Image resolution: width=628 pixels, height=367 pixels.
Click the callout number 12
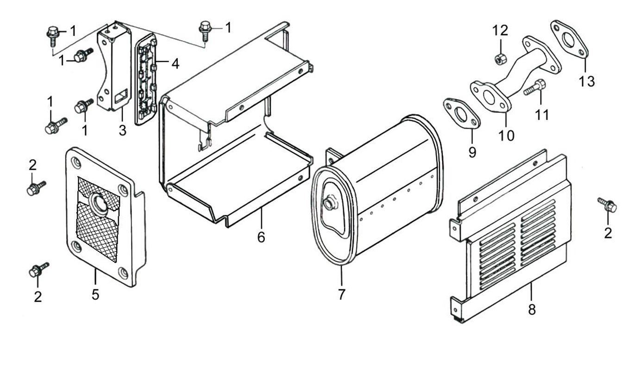(500, 31)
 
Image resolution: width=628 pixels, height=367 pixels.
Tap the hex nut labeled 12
(500, 59)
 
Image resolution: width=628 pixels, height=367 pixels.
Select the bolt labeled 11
(534, 87)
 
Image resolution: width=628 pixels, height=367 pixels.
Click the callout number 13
(586, 81)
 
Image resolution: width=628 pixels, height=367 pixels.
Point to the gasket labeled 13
(569, 39)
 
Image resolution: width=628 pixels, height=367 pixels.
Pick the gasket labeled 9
(461, 114)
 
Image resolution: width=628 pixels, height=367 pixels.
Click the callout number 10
(507, 135)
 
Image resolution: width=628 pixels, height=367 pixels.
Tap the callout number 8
(532, 309)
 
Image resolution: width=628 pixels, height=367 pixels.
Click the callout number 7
(341, 294)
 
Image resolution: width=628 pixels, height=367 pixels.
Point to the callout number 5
(95, 294)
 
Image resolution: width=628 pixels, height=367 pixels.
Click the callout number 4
(175, 64)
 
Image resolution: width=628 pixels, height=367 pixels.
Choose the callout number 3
(122, 130)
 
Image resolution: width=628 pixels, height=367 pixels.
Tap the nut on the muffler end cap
(330, 203)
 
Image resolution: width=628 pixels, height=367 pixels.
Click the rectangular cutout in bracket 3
(120, 96)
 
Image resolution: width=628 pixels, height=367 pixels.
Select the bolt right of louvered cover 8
(608, 206)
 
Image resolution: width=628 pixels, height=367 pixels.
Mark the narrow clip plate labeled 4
(146, 79)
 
